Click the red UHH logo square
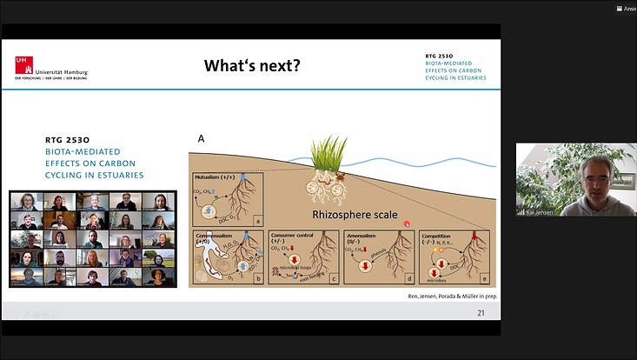point(21,63)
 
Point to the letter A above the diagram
point(202,138)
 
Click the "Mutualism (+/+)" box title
point(220,177)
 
